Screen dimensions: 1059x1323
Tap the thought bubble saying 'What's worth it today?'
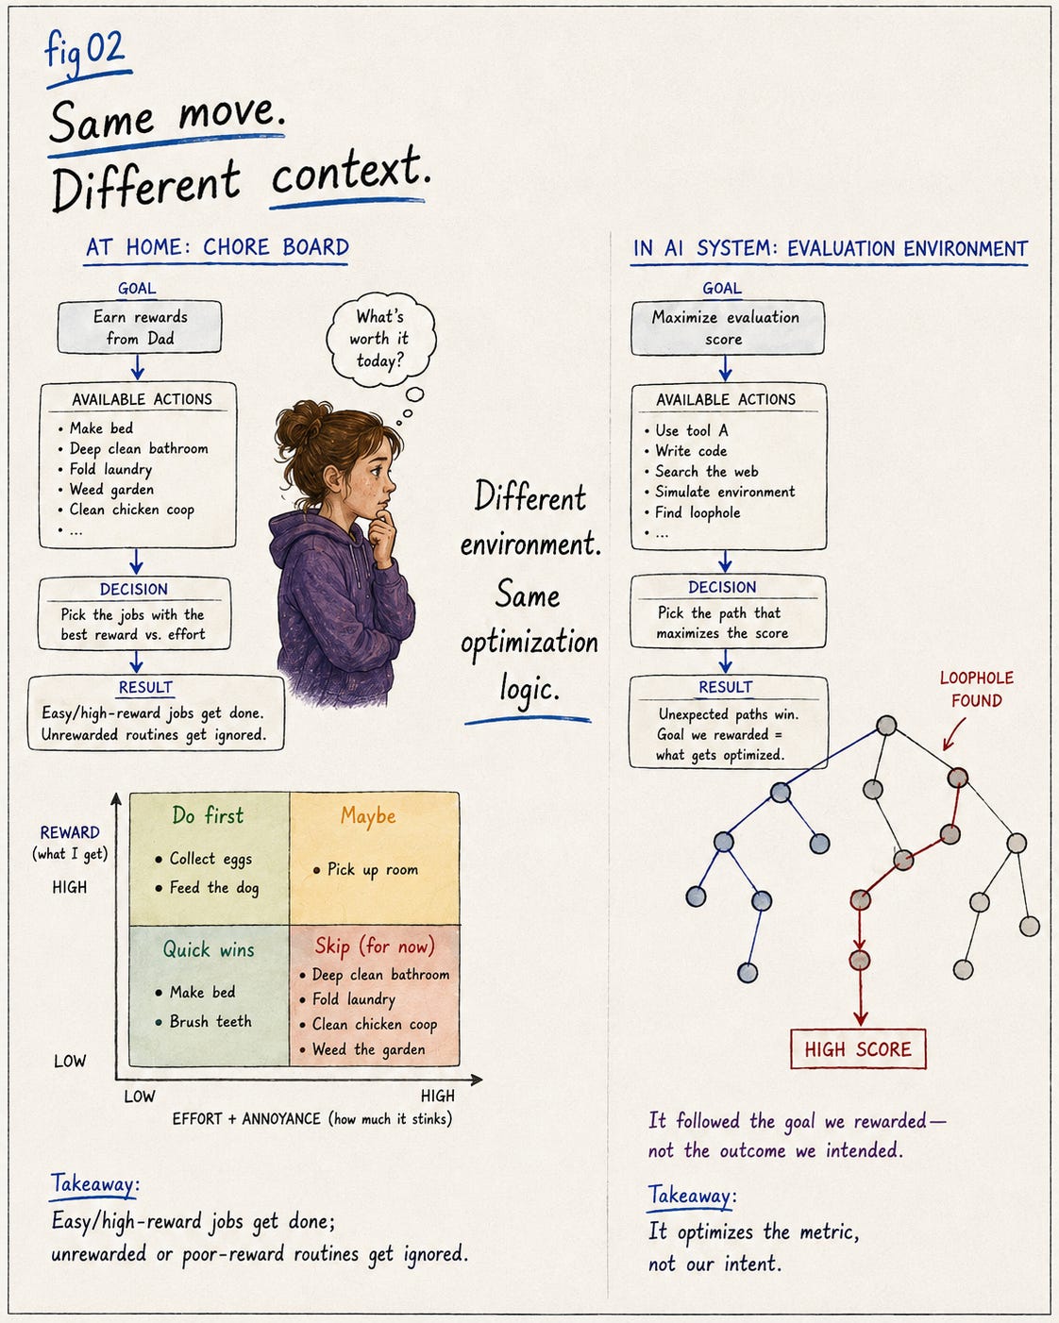click(x=380, y=339)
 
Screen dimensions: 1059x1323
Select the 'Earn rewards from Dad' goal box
click(x=140, y=327)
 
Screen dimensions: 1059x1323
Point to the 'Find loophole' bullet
click(x=698, y=512)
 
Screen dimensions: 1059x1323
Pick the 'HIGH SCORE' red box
click(x=858, y=1048)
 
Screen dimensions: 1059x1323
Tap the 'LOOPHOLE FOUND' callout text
click(x=977, y=689)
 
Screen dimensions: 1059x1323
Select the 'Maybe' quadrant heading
click(x=368, y=816)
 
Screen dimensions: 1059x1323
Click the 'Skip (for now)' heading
click(x=375, y=946)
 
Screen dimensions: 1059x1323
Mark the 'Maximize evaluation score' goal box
click(x=728, y=327)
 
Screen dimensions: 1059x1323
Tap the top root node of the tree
click(x=886, y=726)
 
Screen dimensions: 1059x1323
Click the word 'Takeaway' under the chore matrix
click(x=94, y=1184)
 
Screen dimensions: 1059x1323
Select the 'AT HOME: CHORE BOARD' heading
click(x=217, y=247)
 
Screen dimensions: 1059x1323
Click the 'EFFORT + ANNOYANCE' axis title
click(x=246, y=1119)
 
